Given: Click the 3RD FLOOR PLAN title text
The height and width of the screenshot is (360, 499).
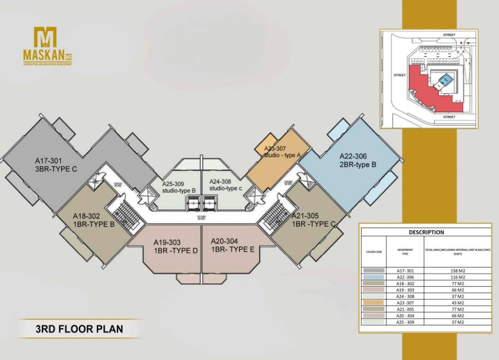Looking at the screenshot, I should click(79, 329).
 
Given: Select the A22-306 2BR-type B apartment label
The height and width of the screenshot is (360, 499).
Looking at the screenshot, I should click(357, 159).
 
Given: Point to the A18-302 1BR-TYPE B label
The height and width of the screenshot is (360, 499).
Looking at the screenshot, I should click(94, 220).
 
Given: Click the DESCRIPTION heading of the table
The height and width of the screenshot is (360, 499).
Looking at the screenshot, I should click(426, 232).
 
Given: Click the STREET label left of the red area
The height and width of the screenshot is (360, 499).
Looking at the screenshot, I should click(400, 75).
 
